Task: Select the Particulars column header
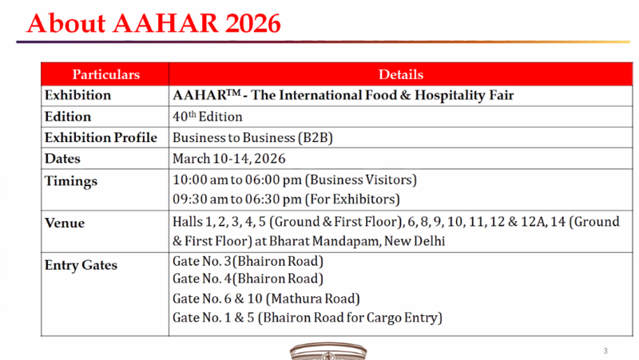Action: pos(106,74)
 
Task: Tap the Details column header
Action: pos(401,74)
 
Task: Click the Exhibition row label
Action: pos(77,96)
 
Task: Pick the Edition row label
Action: pos(68,117)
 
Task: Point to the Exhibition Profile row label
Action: pos(101,137)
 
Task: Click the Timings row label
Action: pos(71,181)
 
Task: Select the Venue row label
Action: pos(65,223)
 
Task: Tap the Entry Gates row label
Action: pos(81,265)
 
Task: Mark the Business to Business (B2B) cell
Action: pos(252,137)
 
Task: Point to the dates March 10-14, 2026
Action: pos(229,159)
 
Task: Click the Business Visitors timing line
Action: pos(295,180)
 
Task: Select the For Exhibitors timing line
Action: pos(286,199)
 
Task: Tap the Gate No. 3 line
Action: pos(248,261)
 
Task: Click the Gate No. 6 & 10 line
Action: pos(266,299)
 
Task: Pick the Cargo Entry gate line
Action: pos(308,318)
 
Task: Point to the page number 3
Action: pos(605,351)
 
